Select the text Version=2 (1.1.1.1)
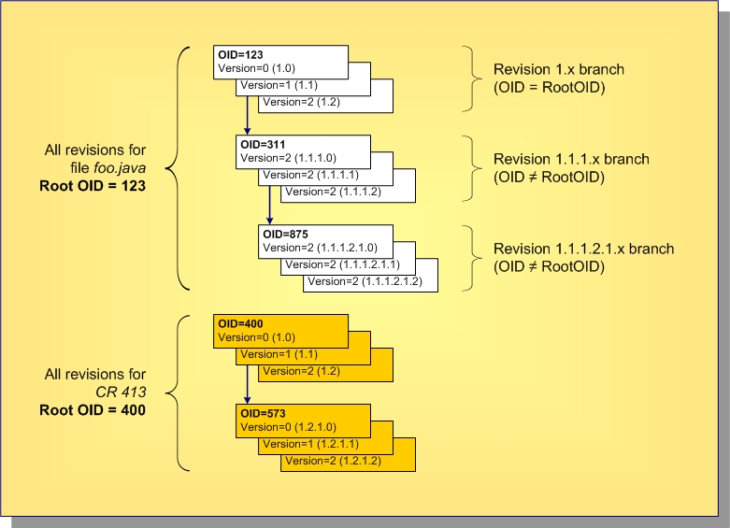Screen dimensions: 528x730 click(309, 175)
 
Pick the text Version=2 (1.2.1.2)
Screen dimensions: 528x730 click(332, 461)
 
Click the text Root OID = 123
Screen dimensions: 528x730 click(93, 184)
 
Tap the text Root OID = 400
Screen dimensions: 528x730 click(93, 408)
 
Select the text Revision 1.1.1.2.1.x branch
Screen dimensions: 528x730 click(583, 250)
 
